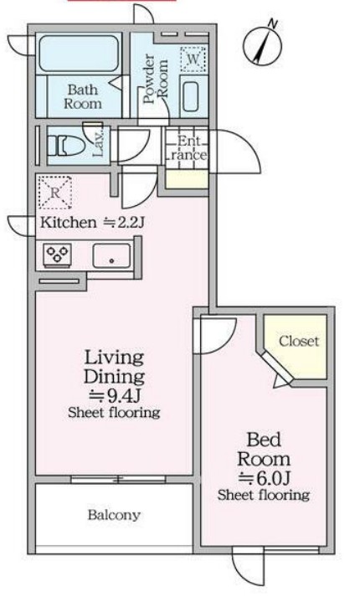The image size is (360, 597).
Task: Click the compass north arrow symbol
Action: point(263,46)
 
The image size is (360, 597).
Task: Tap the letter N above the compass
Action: point(273,23)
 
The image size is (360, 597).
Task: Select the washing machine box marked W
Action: point(193,59)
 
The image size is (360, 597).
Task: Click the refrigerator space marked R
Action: point(55,193)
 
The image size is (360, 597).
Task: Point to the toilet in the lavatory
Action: point(66,146)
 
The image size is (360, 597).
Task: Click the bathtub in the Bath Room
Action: point(79,54)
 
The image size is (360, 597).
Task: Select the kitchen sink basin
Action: point(112,255)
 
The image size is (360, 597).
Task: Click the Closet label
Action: point(299,341)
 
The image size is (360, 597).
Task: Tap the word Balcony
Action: point(114,515)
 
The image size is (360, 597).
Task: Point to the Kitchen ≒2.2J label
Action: point(92,223)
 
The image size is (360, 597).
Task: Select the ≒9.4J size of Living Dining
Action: point(115,396)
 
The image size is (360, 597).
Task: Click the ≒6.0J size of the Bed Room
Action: point(264,478)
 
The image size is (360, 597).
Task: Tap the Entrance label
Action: point(187,148)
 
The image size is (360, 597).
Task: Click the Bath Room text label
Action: point(83,96)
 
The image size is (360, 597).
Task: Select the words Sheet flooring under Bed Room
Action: point(264,495)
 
